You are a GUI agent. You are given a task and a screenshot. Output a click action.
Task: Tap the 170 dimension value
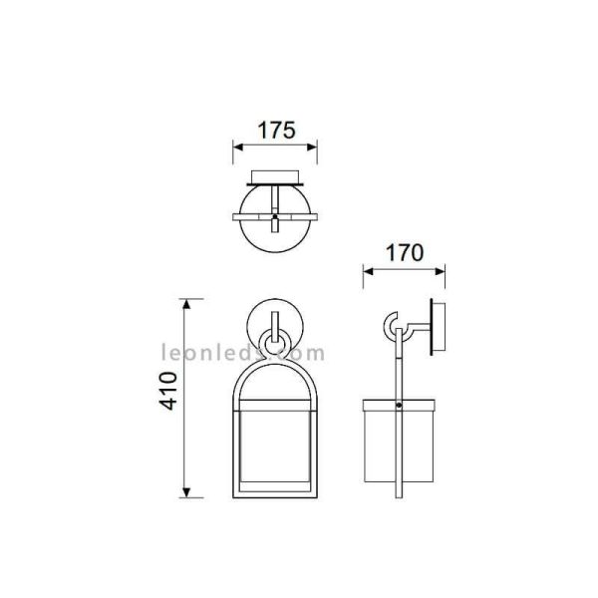point(404,252)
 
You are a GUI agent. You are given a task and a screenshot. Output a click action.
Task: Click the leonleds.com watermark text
point(243,352)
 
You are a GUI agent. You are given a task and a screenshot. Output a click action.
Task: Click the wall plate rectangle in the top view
point(275,180)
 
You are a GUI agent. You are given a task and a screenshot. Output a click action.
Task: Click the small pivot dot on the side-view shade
point(399,406)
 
